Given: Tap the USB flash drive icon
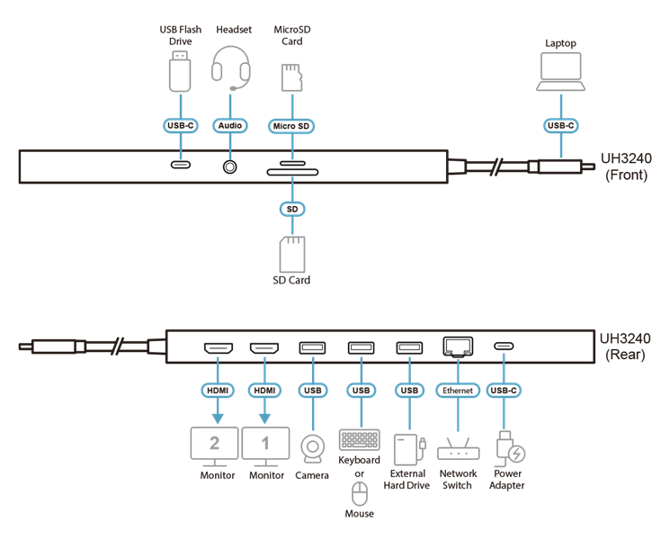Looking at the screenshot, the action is pos(180,71).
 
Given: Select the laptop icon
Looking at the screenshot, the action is pos(560,71).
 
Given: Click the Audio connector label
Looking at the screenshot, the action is pos(230,126).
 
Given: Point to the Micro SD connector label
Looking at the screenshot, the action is pos(291,126).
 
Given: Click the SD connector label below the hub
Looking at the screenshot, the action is pos(292,209).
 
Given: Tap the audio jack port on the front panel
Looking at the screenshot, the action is pos(230,166).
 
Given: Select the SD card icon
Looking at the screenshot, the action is pos(292,255).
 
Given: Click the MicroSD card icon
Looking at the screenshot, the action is pos(292,77).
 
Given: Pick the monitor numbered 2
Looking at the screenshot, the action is pos(214,446).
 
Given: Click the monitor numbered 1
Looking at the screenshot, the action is pos(265,446).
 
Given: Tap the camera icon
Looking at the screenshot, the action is pos(312,449).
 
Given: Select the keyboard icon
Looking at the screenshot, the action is pos(360,439).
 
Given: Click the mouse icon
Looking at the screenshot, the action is pos(360,493).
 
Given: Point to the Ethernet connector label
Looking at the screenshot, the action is pos(458,391).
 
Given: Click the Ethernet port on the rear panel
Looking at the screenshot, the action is pos(458,346).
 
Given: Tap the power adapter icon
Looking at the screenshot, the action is pos(510,448).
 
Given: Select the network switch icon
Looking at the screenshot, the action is pos(458,448).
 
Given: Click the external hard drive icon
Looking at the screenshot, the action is pos(409,449).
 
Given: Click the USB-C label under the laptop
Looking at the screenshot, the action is pos(560,126).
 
